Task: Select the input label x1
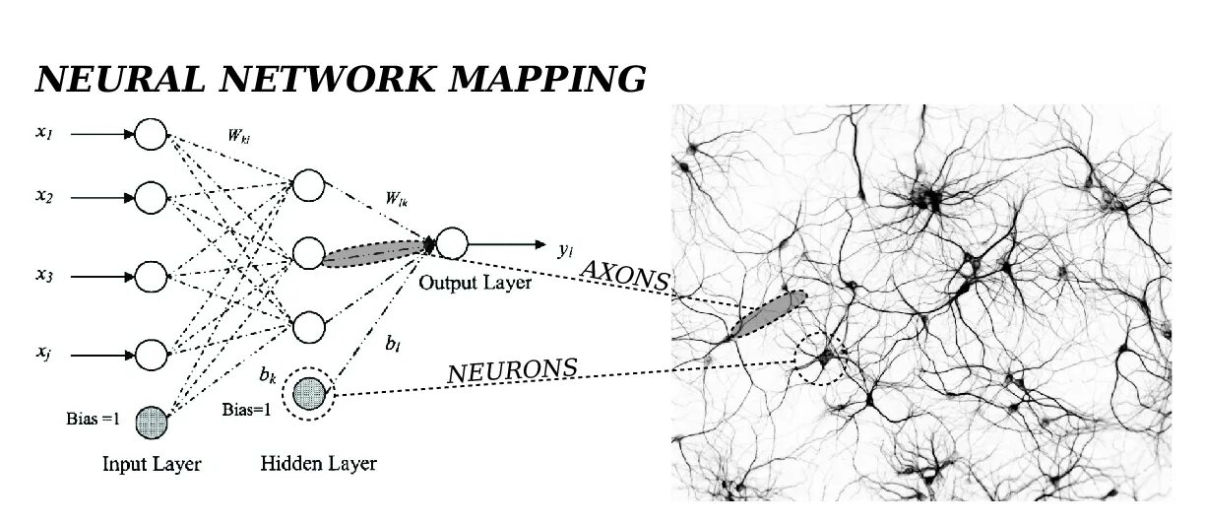(44, 133)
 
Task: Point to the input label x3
(44, 277)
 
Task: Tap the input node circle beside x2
(151, 198)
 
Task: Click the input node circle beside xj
(151, 353)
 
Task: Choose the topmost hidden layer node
(308, 185)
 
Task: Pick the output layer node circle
(452, 242)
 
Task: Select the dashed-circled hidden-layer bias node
(308, 394)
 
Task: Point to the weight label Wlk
(398, 200)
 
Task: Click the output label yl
(565, 249)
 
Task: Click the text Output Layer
(476, 283)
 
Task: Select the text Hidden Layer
(318, 463)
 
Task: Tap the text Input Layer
(152, 463)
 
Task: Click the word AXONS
(624, 276)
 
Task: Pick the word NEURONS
(512, 371)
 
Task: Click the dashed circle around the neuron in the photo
(820, 358)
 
